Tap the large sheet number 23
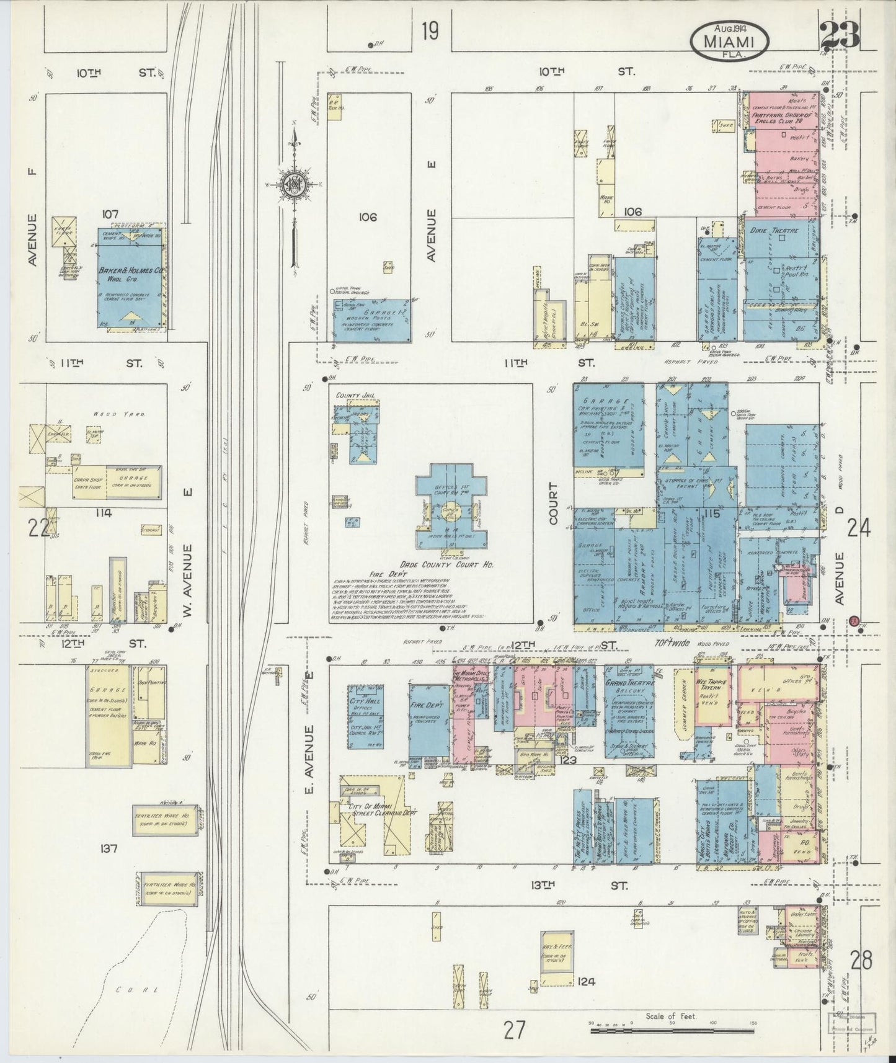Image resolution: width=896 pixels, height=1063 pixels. point(840,36)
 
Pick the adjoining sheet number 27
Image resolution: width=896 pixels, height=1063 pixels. point(514,1030)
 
